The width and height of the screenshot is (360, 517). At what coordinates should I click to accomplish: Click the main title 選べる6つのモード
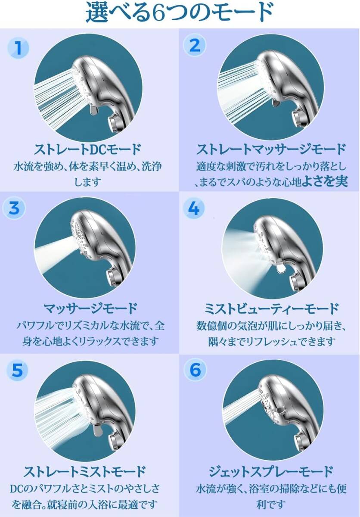(180, 12)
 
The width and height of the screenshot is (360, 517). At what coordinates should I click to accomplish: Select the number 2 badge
(195, 46)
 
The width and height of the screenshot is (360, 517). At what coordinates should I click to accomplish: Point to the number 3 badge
(14, 208)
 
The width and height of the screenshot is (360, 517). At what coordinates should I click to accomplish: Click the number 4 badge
(194, 209)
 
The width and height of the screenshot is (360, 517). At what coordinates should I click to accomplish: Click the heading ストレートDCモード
(87, 149)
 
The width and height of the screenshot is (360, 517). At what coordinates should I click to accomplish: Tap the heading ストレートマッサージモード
(271, 149)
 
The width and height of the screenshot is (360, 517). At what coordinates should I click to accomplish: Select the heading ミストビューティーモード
(271, 308)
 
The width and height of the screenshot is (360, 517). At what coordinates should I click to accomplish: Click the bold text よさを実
(325, 181)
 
